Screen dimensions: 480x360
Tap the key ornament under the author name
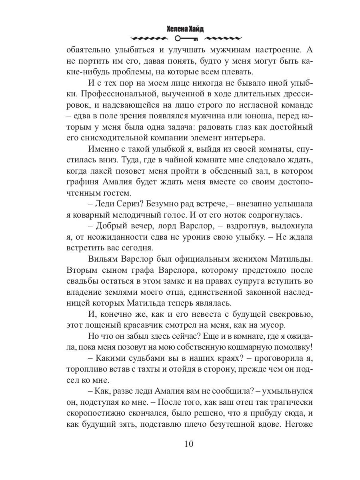186,39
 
